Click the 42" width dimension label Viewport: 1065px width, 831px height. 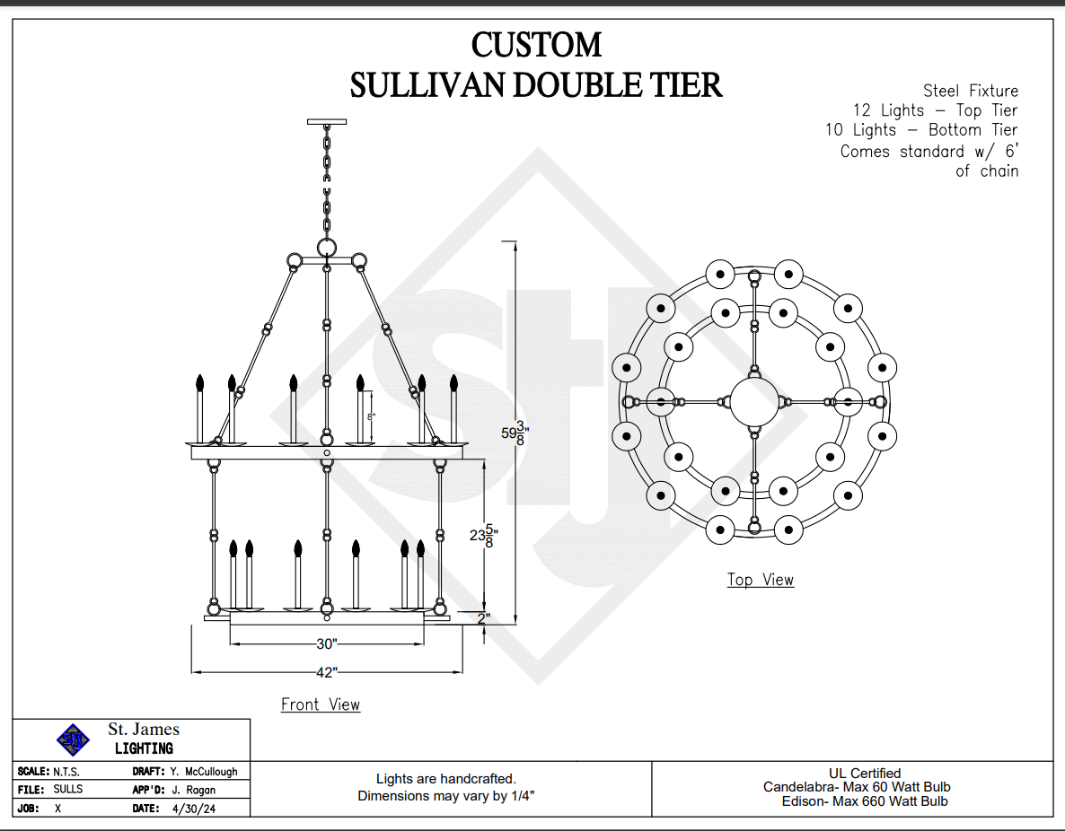point(327,671)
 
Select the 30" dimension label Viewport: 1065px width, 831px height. point(327,643)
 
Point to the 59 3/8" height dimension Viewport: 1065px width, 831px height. point(513,433)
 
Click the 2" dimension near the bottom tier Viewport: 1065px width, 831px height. point(483,618)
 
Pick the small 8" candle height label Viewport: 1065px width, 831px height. point(370,416)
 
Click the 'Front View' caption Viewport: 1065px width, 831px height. point(321,704)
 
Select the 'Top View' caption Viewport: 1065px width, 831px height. point(761,580)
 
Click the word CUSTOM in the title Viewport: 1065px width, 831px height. point(536,45)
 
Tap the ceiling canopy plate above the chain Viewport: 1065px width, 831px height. point(327,121)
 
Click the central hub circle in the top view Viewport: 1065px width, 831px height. point(754,401)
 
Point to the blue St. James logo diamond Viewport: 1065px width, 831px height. point(74,739)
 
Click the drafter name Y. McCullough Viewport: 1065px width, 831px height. point(204,772)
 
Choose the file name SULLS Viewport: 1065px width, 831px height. point(68,790)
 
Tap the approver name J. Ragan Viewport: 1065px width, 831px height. point(193,790)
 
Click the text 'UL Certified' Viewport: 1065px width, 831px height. point(865,773)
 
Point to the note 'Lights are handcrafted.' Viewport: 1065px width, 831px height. point(446,779)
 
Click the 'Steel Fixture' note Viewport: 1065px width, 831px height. point(971,91)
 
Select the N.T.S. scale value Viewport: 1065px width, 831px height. point(66,772)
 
